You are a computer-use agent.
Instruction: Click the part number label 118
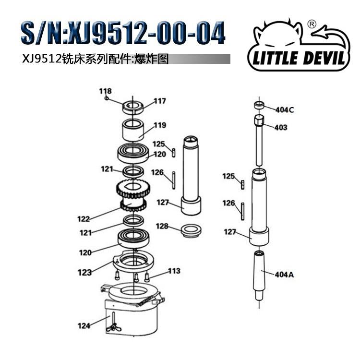pos(105,91)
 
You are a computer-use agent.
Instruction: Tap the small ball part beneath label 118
pos(108,99)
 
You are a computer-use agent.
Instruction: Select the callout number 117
pos(159,101)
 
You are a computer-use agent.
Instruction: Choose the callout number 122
pos(84,219)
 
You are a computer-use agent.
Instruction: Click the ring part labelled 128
pos(192,231)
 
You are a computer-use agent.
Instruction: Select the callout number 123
pos(84,273)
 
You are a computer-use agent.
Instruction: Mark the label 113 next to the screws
pos(174,271)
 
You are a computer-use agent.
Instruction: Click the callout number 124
pos(84,326)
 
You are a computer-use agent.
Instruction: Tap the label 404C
pos(284,109)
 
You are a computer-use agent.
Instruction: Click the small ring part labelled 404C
pos(259,105)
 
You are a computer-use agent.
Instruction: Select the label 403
pos(281,127)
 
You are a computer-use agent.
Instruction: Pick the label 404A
pos(284,275)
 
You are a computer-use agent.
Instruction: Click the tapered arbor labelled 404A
pos(260,274)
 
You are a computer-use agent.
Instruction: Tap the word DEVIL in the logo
pos(317,58)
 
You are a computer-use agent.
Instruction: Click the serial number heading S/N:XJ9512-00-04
pos(122,34)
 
